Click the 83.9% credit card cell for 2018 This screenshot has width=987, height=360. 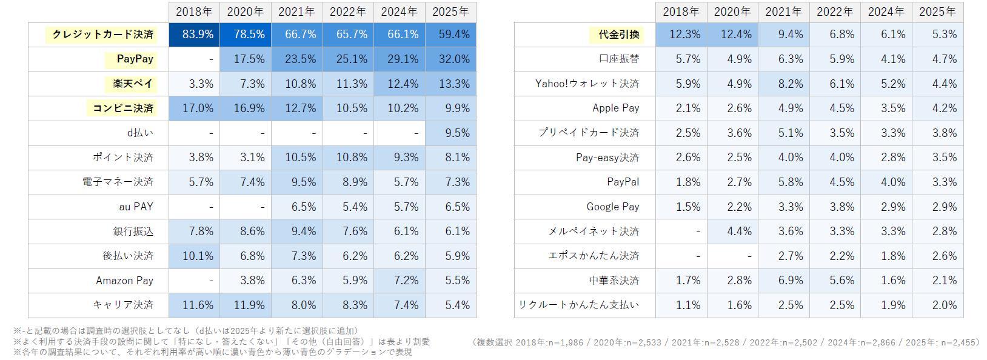pyautogui.click(x=194, y=35)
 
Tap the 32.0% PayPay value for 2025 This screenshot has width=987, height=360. pyautogui.click(x=450, y=59)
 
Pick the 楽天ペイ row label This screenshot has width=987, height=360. pyautogui.click(x=133, y=84)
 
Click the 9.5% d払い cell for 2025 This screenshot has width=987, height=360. pyautogui.click(x=450, y=133)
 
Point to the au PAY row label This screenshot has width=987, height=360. pyautogui.click(x=136, y=207)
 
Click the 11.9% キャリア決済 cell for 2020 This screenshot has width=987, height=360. pyautogui.click(x=246, y=305)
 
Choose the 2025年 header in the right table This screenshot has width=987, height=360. pyautogui.click(x=937, y=12)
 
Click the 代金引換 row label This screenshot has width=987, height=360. pyautogui.click(x=618, y=35)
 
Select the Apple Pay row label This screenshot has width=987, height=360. pyautogui.click(x=615, y=108)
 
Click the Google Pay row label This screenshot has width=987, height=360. pyautogui.click(x=612, y=207)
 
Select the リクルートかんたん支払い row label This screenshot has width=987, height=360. pyautogui.click(x=578, y=305)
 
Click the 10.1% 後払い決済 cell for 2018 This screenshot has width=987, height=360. pyautogui.click(x=194, y=256)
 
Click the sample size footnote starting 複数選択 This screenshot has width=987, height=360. pyautogui.click(x=725, y=342)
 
